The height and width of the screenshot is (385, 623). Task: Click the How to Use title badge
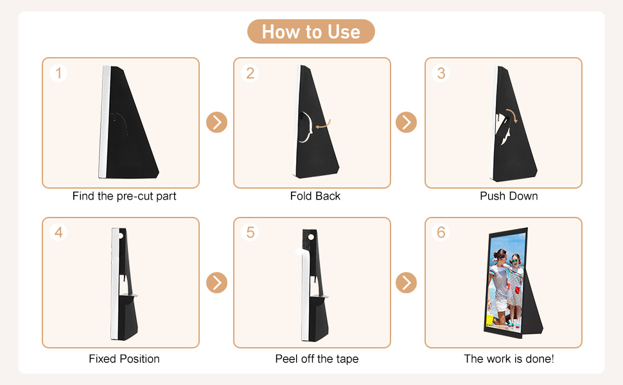311,31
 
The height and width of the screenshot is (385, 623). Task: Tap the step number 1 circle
58,73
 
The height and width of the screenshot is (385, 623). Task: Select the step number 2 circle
250,73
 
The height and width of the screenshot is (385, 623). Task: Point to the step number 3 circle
441,73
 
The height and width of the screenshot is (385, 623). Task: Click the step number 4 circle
58,232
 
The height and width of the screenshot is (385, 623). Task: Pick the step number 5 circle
250,232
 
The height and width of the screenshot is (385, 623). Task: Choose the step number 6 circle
441,232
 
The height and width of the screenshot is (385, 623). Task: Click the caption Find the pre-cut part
124,196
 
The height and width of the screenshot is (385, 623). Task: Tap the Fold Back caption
315,196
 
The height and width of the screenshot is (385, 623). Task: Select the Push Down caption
509,196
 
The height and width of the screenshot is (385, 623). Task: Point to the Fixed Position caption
124,359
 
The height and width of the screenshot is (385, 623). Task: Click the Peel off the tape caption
317,359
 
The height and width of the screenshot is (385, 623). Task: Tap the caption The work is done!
509,359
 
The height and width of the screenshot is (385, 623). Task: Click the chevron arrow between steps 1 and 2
216,123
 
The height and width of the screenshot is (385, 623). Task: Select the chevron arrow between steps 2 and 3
406,123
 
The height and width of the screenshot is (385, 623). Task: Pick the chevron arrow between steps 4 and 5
216,282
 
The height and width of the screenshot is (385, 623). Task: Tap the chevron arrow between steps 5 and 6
406,282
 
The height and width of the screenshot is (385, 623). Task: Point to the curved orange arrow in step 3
513,114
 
